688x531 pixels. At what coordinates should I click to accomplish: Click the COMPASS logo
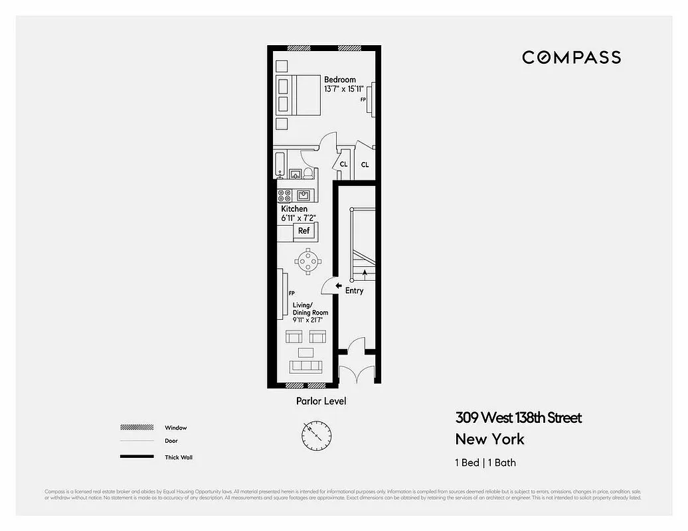571,57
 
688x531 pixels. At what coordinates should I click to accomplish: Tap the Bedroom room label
340,80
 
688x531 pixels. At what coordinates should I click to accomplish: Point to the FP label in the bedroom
363,100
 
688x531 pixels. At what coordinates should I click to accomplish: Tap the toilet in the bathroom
308,173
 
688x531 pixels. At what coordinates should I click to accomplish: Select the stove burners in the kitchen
284,195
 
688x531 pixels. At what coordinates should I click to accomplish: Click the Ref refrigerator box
303,231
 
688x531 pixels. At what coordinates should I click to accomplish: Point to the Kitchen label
294,209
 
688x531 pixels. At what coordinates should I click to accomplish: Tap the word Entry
355,291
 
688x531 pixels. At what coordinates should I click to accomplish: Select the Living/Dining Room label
310,309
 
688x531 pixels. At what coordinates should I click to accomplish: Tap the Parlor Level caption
321,401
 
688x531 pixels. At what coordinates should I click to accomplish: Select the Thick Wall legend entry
178,457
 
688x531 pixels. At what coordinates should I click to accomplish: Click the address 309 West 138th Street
518,417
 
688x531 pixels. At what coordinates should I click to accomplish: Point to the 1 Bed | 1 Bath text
485,463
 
